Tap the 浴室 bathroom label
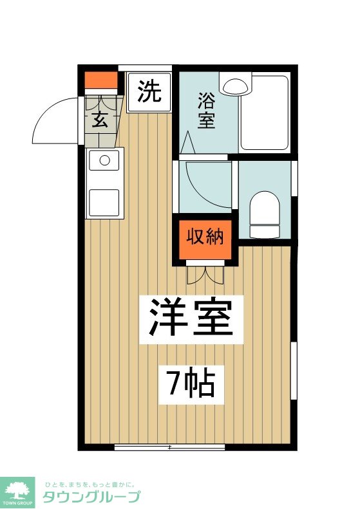click(x=206, y=110)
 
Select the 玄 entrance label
click(x=99, y=120)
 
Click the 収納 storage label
click(x=205, y=237)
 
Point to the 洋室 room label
click(x=191, y=318)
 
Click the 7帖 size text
click(x=191, y=384)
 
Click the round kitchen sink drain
click(x=104, y=159)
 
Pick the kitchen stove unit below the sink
click(x=104, y=201)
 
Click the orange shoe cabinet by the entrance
click(x=102, y=81)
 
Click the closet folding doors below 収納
click(x=205, y=275)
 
